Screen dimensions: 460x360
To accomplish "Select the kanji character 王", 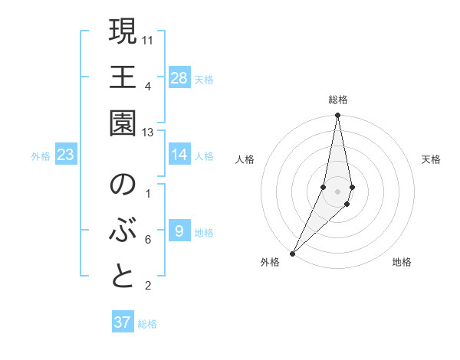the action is coord(123,77).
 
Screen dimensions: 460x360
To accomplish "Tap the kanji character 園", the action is coord(123,123).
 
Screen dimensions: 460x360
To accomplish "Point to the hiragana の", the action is coord(123,185).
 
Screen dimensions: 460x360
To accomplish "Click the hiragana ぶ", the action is coord(123,231).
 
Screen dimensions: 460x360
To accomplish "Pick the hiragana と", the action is coord(123,277).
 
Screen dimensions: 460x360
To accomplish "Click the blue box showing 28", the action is coord(179,77).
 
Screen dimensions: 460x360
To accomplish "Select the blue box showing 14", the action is coord(179,155).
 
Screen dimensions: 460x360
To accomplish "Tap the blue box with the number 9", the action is coord(179,231).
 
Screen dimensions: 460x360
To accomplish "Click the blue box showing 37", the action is coord(123,322).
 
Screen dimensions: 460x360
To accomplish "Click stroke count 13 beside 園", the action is coord(149,133).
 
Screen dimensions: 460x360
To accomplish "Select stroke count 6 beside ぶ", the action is coord(148,240).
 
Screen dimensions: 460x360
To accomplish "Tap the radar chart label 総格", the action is coord(338,100).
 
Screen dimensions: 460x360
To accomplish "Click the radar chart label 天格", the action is coord(432,159).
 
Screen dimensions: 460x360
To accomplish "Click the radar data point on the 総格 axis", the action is coord(337,116).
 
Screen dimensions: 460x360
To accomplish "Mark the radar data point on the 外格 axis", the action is coord(293,253).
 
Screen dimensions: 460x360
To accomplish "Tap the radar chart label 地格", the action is coord(402,262).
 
